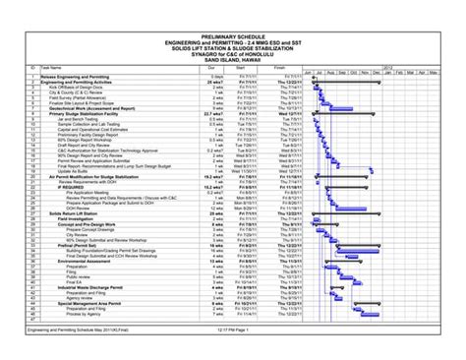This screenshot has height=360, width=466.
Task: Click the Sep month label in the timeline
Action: click(x=350, y=74)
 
